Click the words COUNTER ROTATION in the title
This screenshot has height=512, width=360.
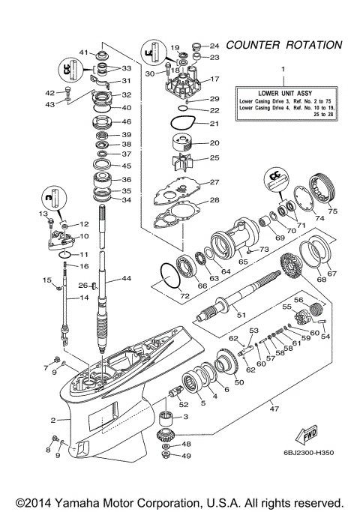coord(286,46)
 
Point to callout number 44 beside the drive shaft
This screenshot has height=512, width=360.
coord(126,279)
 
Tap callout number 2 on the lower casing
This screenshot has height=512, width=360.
coord(53,421)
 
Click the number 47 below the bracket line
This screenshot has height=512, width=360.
coord(274,409)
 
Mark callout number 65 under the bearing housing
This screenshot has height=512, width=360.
coord(243,262)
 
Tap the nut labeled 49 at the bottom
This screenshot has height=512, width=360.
coord(166,455)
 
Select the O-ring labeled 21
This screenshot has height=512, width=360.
coord(180,124)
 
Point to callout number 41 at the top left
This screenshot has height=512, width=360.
coord(85,52)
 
